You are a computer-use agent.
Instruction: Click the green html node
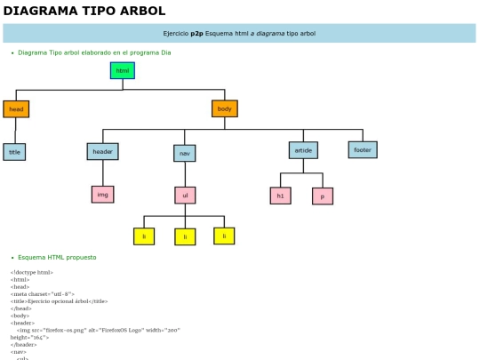pos(123,70)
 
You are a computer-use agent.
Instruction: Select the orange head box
pos(16,109)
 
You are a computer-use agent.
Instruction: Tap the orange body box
pos(225,108)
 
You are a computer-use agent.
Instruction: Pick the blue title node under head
pos(14,152)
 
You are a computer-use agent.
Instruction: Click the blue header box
pos(102,151)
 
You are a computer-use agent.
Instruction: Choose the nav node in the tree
pos(185,153)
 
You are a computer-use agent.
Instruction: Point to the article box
pos(303,150)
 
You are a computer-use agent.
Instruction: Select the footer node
pos(363,149)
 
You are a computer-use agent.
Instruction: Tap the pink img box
pos(102,194)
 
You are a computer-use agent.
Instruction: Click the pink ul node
pos(185,195)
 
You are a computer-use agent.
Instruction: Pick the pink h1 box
pos(280,196)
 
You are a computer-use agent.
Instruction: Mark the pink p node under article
pos(323,196)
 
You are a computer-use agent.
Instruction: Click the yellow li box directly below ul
pos(185,236)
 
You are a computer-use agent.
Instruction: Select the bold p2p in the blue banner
pos(196,34)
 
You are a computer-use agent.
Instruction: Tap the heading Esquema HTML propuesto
pos(57,257)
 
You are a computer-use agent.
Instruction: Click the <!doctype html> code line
pos(32,272)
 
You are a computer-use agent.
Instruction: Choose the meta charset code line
pos(43,293)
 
